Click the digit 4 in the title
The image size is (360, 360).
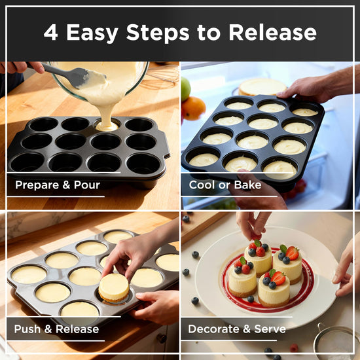pos(51,33)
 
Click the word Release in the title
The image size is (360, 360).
pos(272,32)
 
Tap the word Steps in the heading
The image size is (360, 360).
pos(158,33)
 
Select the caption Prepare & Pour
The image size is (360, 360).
pos(58,185)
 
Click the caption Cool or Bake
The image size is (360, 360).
pos(225,185)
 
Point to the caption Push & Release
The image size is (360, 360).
pos(56,329)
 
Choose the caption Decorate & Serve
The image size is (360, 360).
pos(237,329)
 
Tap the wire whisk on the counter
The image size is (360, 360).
pos(162,77)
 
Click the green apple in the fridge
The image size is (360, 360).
pos(185,88)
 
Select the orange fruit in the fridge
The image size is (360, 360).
pos(193,108)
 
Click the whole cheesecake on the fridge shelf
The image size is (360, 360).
pos(262,87)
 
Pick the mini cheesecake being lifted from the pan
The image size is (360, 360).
pos(114,287)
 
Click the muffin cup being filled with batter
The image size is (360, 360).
pos(107,125)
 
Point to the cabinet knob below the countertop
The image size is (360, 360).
pos(162,338)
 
